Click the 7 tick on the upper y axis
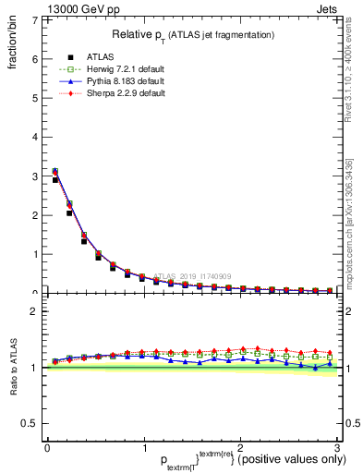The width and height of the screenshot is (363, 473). click(37, 19)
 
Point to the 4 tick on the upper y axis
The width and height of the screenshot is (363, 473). click(37, 137)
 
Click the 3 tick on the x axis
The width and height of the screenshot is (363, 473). click(337, 447)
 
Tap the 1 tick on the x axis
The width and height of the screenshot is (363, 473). click(143, 447)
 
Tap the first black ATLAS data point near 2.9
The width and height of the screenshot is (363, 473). click(55, 180)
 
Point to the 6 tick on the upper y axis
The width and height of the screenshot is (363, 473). click(37, 58)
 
